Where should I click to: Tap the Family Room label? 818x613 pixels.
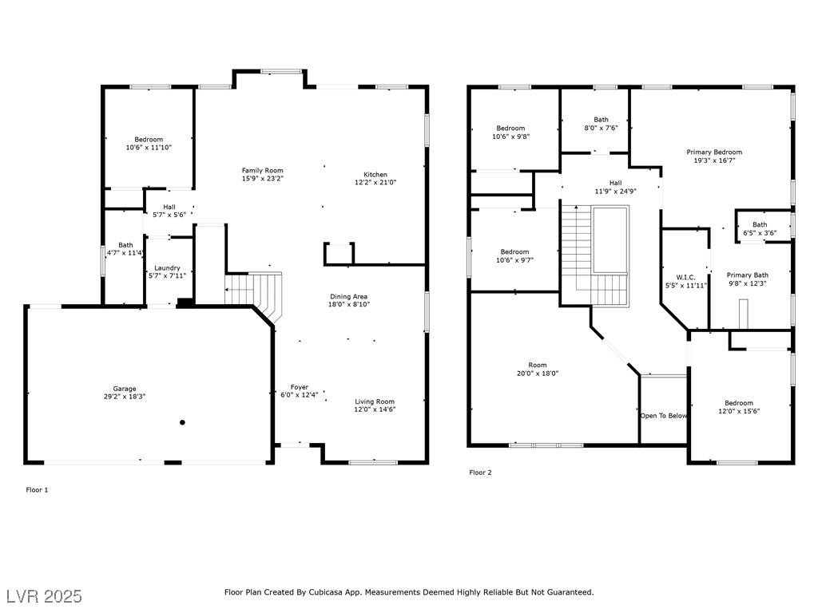pos(262,171)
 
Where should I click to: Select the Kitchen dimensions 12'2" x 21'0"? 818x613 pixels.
pos(375,183)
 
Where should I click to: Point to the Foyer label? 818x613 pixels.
pos(300,387)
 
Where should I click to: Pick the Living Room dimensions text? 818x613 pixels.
pos(375,409)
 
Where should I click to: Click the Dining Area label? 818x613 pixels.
pos(348,297)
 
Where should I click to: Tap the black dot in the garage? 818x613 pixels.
pos(182,422)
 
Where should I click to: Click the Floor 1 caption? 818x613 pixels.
pos(37,490)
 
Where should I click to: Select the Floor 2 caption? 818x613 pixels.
pos(480,473)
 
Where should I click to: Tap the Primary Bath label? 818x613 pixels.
pos(748,275)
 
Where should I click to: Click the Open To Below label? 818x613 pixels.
pos(664,416)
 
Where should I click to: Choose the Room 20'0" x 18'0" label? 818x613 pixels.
pos(538,369)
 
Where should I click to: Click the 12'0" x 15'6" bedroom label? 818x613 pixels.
pos(739,407)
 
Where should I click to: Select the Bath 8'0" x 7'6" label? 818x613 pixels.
pos(601,124)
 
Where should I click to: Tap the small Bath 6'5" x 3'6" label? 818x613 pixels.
pos(760,229)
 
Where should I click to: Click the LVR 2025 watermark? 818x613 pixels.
pos(45,595)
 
